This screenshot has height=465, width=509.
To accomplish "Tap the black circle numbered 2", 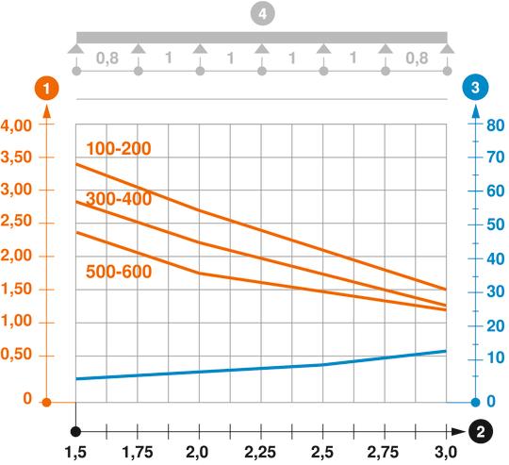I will pyautogui.click(x=481, y=432).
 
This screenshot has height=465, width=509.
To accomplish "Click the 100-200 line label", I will pyautogui.click(x=119, y=148).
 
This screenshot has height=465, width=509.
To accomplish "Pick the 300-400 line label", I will pyautogui.click(x=119, y=200).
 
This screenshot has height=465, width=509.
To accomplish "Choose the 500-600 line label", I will pyautogui.click(x=119, y=271).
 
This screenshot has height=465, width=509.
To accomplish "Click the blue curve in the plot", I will pyautogui.click(x=261, y=369).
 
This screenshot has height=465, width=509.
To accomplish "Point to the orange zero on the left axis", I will pyautogui.click(x=27, y=401).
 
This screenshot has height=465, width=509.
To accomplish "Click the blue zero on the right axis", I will pyautogui.click(x=491, y=401).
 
